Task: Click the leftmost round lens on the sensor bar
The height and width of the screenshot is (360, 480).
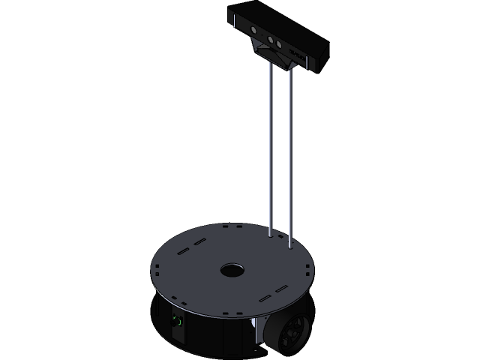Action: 253,31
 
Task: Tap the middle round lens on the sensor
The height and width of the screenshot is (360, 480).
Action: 271,39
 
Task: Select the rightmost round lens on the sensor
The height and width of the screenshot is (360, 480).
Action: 279,44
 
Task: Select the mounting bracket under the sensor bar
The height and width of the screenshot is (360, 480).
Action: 273,58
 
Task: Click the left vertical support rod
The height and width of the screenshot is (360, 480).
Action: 270,150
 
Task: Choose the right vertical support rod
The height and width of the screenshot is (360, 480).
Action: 290,157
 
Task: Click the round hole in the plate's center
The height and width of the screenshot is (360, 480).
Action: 232,268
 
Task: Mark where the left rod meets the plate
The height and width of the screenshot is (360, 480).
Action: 270,235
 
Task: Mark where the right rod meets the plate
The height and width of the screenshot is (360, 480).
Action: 290,246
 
